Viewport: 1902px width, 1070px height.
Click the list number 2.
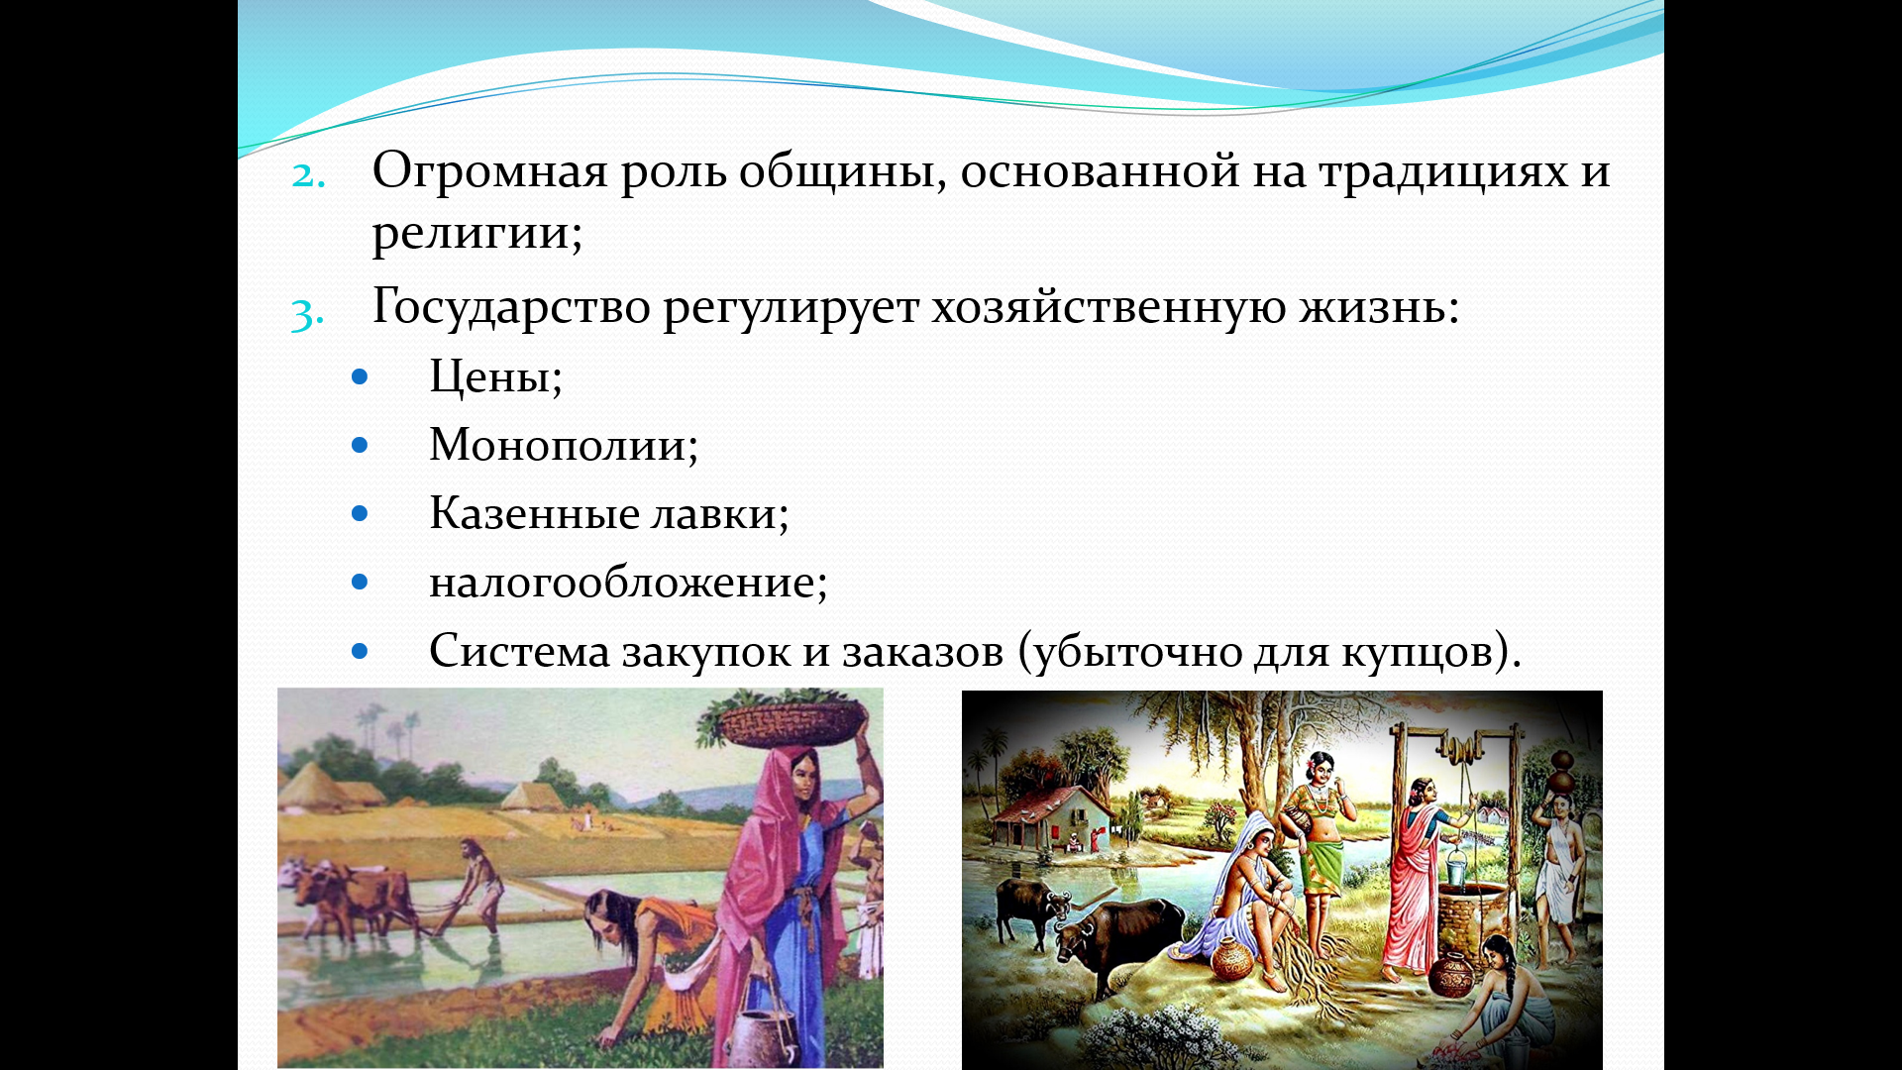point(308,175)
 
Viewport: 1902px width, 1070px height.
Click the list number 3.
point(307,314)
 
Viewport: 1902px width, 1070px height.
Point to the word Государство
point(511,307)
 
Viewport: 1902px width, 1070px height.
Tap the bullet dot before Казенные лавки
point(360,514)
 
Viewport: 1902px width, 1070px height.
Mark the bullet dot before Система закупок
point(360,651)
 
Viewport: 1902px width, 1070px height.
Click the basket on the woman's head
point(792,725)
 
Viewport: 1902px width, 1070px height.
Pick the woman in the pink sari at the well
point(1418,872)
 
